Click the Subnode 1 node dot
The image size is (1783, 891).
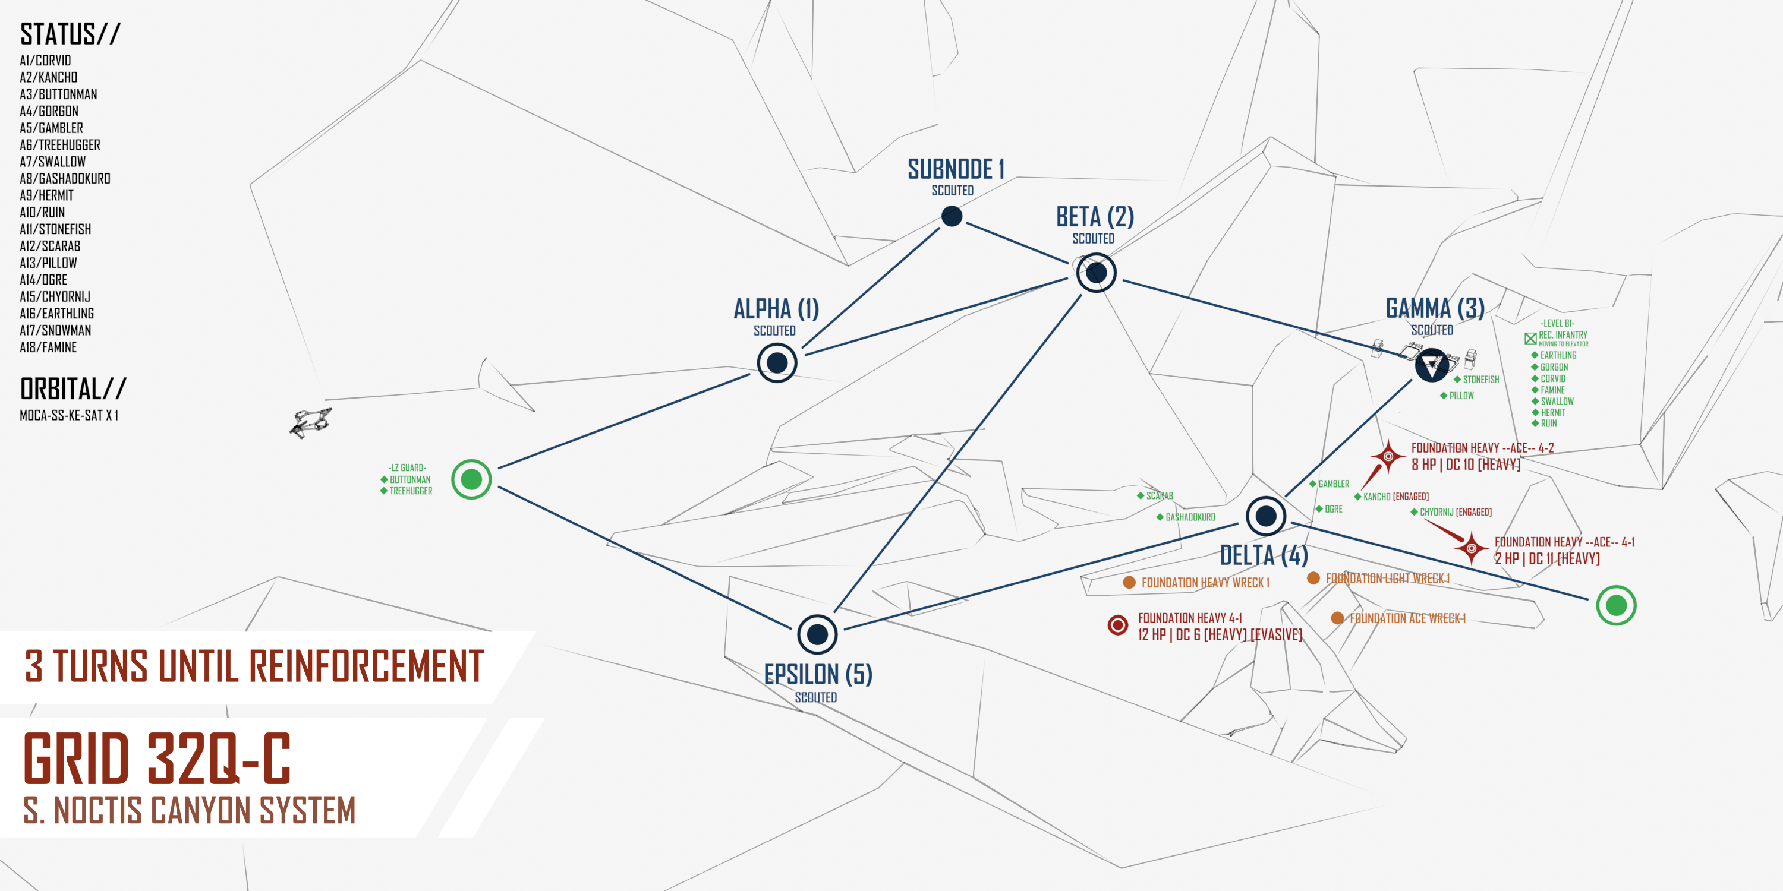(952, 217)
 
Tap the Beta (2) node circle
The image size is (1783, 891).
(1097, 273)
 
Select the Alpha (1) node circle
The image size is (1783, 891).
(777, 362)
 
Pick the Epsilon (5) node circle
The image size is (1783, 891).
(817, 634)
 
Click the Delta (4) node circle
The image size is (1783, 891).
(1266, 516)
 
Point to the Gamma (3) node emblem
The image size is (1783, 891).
(1431, 365)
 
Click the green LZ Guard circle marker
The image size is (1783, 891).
(471, 479)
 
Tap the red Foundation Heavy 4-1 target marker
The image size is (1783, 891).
(1118, 625)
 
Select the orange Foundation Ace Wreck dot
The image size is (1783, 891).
(1337, 618)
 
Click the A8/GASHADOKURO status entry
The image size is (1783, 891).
(65, 178)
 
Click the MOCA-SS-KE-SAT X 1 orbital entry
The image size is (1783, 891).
(69, 415)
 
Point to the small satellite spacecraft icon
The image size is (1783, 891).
(311, 421)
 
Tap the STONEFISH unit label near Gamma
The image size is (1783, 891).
(1480, 380)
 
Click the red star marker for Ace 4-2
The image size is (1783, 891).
(1388, 457)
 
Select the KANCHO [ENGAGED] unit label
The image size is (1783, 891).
(1395, 497)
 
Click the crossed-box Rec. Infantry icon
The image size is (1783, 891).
(1530, 338)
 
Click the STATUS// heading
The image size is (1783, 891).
(70, 34)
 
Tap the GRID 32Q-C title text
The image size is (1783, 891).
(157, 759)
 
